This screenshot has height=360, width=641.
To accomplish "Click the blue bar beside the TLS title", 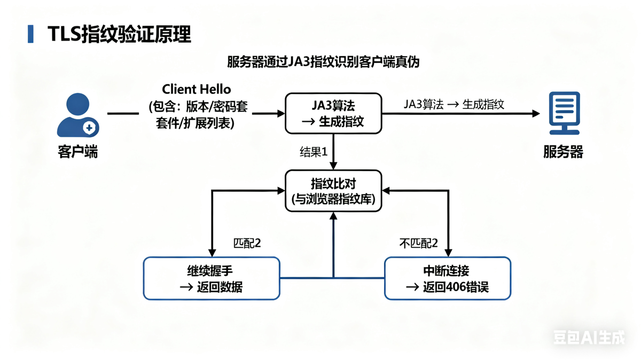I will click(x=30, y=34).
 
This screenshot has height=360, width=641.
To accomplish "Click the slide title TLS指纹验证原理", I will click(x=119, y=34).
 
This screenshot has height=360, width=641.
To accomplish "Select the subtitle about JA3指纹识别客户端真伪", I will click(x=323, y=62).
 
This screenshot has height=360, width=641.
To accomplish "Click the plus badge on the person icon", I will click(x=90, y=128).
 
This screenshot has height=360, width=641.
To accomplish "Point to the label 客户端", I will click(x=78, y=152).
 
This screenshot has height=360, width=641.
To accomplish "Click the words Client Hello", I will click(x=197, y=89).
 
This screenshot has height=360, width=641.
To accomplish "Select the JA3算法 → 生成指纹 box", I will click(x=333, y=113).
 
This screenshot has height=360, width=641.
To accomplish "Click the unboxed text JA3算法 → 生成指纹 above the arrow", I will click(x=454, y=104).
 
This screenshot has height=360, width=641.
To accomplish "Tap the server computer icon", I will click(x=564, y=113).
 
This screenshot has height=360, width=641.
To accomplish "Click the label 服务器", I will click(x=563, y=152).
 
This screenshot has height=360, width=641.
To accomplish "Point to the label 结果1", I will click(x=313, y=152).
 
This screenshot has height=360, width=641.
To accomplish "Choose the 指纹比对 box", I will click(x=333, y=191).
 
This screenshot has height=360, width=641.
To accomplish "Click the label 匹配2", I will click(x=247, y=243).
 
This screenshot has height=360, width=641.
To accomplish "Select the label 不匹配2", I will click(x=419, y=243).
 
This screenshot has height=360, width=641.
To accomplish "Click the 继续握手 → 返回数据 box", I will click(x=212, y=278).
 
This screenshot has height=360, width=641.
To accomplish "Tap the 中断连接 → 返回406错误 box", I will click(x=447, y=278).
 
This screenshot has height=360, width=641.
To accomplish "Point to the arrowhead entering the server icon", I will click(x=536, y=113).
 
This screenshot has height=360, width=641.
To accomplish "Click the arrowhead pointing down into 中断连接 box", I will click(x=448, y=253).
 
